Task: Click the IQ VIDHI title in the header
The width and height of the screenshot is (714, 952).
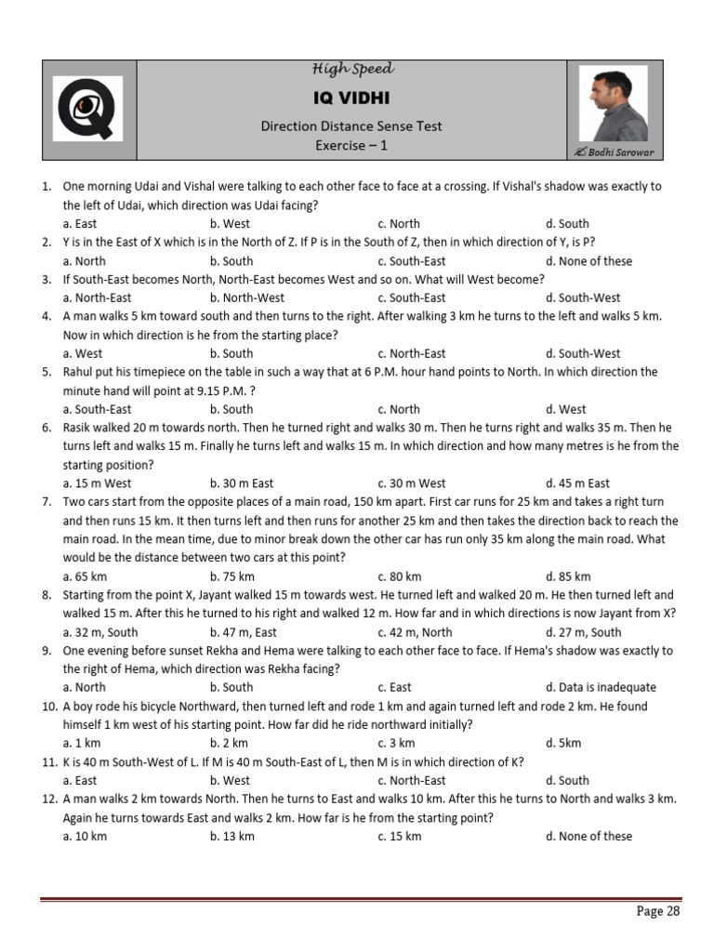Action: pyautogui.click(x=351, y=98)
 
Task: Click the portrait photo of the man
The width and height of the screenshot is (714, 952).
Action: pyautogui.click(x=613, y=103)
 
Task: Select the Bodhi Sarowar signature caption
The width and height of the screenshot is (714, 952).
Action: pyautogui.click(x=615, y=152)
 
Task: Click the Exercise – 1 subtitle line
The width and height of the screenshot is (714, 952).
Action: pyautogui.click(x=351, y=145)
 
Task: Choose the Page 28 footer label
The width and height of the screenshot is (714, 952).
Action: pyautogui.click(x=658, y=911)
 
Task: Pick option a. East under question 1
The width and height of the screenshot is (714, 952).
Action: pyautogui.click(x=80, y=223)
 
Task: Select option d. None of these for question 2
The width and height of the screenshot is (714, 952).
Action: pyautogui.click(x=588, y=261)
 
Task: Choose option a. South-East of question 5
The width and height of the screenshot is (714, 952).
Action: pyautogui.click(x=97, y=409)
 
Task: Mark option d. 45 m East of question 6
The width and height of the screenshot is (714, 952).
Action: pyautogui.click(x=577, y=483)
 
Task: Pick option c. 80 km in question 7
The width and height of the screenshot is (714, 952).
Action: pyautogui.click(x=399, y=576)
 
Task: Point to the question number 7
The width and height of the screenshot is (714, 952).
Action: pyautogui.click(x=46, y=502)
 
